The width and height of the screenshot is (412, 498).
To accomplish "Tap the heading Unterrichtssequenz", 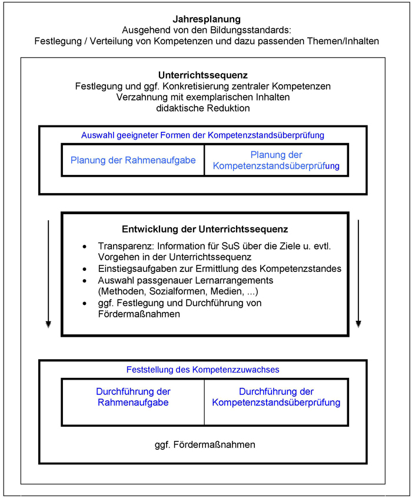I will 202,75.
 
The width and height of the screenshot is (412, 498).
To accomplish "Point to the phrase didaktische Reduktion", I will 202,108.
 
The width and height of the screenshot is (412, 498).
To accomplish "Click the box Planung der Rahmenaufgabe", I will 133,160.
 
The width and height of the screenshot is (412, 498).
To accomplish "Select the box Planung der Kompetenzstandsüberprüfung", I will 276,160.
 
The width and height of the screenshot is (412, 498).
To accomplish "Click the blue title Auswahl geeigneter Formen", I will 202,135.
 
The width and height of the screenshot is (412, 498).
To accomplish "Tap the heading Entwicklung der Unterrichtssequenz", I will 204,229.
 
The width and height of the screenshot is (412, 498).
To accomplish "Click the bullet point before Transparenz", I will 85,247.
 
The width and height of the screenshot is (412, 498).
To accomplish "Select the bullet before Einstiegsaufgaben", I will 85,269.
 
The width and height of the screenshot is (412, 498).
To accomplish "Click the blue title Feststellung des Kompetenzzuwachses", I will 202,370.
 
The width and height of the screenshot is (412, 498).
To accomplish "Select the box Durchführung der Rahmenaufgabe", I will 133,397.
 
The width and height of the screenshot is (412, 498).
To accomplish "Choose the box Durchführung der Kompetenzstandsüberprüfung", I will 276,397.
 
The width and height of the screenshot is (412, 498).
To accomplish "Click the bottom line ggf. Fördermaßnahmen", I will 202,444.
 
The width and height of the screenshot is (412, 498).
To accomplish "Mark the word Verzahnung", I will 138,97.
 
